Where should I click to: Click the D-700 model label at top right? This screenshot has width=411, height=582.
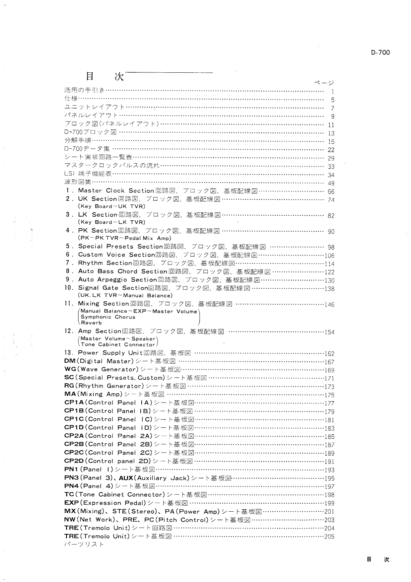[x=380, y=52]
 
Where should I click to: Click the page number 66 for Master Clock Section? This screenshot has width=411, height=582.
[x=331, y=191]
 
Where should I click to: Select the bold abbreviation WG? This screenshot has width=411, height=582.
[x=70, y=369]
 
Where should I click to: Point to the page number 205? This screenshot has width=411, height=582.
[x=329, y=537]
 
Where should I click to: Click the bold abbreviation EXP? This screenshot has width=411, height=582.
[x=71, y=503]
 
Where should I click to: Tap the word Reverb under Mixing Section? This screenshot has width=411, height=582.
[x=91, y=323]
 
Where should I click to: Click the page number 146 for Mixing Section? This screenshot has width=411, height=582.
[x=329, y=305]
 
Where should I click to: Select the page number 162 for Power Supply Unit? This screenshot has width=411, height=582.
[x=329, y=354]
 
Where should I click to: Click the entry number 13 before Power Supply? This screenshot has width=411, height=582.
[x=68, y=353]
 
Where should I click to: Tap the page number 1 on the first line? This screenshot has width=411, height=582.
[x=332, y=92]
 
